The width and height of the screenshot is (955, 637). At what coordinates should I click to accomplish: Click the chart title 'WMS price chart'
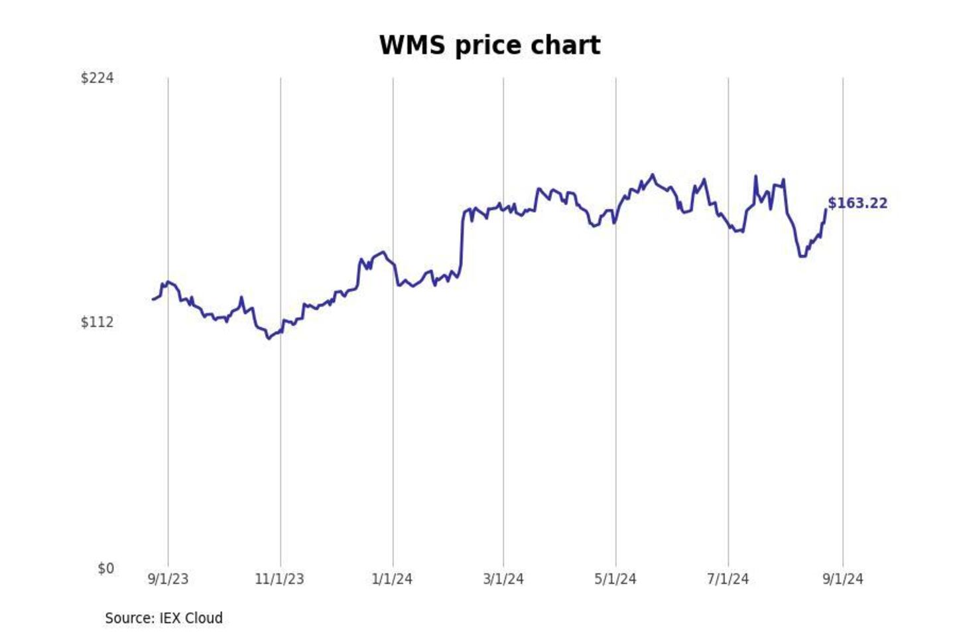coord(489,46)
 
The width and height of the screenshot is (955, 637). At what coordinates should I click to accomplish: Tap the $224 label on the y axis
coord(97,78)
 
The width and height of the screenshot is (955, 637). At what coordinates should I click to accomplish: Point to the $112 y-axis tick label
coord(97,322)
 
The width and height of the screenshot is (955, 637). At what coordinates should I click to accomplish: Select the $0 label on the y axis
coord(105,569)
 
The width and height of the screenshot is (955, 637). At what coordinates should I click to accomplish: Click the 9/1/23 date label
coord(168,579)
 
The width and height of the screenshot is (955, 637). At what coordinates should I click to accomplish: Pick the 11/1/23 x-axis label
coord(279,579)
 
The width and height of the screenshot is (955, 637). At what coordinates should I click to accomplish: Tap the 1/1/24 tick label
coord(392,579)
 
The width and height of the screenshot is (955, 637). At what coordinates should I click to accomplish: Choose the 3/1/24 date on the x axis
coord(503,579)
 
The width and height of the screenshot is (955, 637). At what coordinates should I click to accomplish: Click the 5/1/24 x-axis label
coord(615,579)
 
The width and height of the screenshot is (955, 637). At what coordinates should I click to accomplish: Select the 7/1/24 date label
coord(728,579)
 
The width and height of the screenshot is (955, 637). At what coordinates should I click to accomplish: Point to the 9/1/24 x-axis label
coord(843,579)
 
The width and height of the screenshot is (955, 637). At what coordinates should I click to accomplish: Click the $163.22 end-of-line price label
coord(858,204)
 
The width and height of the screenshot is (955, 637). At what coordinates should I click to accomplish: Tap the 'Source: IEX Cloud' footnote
coord(164,618)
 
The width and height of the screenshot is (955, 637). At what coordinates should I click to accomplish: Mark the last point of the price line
coord(826,210)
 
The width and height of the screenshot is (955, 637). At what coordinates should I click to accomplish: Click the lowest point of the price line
coord(269,338)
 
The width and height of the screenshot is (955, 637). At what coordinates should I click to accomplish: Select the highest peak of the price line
coord(653,175)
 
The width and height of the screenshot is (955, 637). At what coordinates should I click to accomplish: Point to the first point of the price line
coord(153,299)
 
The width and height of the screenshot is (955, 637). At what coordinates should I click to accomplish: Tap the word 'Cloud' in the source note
coord(204,618)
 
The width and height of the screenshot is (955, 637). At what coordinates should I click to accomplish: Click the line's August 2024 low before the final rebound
coord(802,256)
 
